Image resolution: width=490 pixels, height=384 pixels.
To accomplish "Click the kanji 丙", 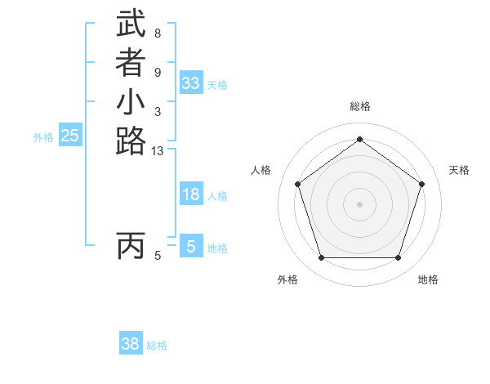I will click(131, 245).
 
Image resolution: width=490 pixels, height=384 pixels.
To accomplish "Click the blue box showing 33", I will click(191, 83).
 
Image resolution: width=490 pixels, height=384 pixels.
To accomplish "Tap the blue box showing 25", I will click(70, 136).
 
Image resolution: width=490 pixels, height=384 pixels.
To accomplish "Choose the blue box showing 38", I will click(131, 344).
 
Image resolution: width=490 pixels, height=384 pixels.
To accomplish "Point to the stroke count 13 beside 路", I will click(158, 150).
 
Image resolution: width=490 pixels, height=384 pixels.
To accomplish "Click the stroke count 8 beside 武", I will click(157, 34).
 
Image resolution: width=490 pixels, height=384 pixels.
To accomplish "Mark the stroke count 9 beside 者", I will click(157, 73).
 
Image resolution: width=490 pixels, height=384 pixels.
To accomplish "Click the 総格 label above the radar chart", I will click(359, 106).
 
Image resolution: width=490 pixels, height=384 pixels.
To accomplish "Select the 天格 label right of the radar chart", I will click(459, 170).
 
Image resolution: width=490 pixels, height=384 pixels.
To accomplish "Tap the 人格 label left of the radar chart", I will click(261, 170).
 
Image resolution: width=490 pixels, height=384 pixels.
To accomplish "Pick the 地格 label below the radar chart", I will click(428, 280).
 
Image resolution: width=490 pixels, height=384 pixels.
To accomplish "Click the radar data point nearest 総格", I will click(359, 139).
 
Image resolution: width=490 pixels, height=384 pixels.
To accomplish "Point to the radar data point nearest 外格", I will click(321, 258).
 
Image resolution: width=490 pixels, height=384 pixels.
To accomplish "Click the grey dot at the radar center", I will click(359, 203).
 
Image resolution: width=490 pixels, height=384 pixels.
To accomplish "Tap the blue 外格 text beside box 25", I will click(43, 138).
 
